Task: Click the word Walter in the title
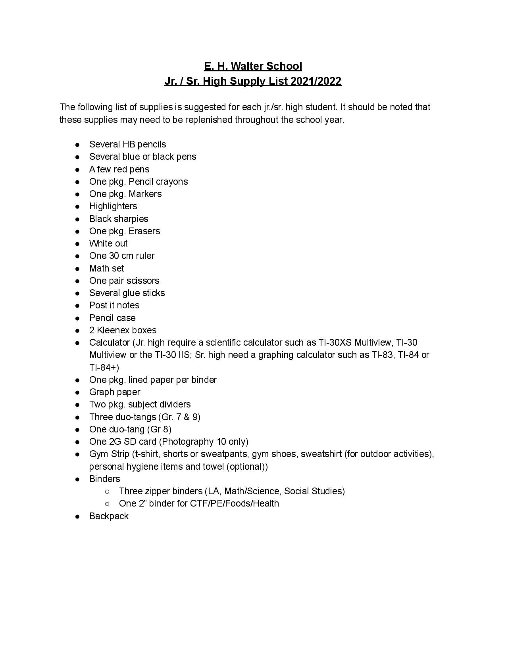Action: click(246, 66)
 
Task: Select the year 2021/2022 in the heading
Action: click(316, 81)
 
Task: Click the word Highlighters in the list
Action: click(113, 206)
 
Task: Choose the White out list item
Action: click(108, 243)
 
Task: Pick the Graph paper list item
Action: click(115, 392)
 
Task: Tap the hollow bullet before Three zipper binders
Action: click(107, 491)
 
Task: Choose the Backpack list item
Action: click(109, 516)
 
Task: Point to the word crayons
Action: click(172, 182)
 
